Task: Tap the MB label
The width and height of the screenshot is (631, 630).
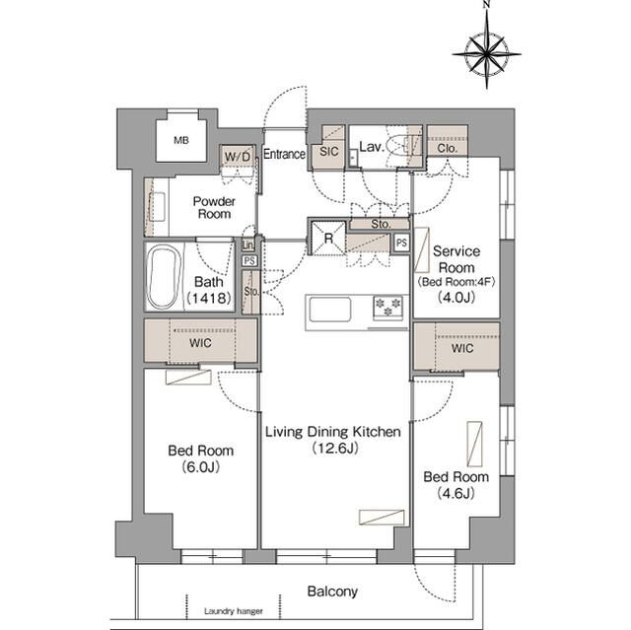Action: [x=181, y=140]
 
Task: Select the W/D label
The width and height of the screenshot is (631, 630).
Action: [x=238, y=156]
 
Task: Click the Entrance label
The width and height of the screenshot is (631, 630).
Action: [x=284, y=154]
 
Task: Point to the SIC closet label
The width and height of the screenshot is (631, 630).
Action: [x=328, y=151]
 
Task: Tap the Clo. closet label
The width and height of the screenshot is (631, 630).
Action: [x=447, y=148]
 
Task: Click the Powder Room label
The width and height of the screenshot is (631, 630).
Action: [x=214, y=208]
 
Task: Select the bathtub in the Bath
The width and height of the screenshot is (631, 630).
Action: [x=164, y=276]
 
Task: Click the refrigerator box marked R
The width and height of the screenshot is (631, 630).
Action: [x=328, y=239]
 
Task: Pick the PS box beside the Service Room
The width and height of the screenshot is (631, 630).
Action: [x=401, y=243]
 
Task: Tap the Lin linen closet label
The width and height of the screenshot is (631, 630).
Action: [x=247, y=245]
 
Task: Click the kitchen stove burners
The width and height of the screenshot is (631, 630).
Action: [x=387, y=308]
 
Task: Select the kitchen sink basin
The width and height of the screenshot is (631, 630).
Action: [x=330, y=310]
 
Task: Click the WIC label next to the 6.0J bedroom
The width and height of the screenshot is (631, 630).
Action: [x=200, y=343]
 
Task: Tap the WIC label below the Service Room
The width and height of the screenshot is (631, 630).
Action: [x=462, y=348]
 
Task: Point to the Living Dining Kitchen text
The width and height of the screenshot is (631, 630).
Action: [x=333, y=432]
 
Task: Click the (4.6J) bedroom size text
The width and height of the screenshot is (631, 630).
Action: [x=456, y=493]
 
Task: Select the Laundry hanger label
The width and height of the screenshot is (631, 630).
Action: [x=234, y=611]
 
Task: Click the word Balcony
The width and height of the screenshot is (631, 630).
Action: [x=332, y=592]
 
